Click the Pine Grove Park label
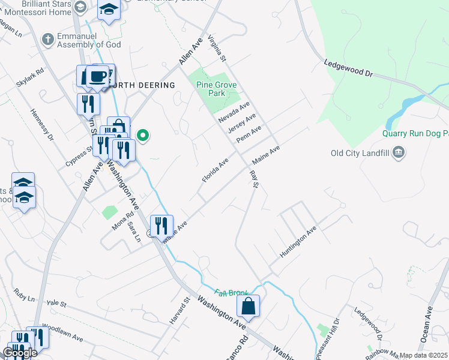[211, 89]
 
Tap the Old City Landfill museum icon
[398, 154]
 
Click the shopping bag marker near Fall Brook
[248, 307]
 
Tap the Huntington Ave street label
[298, 243]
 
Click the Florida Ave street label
[215, 171]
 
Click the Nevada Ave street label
[234, 112]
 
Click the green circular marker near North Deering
[143, 135]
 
